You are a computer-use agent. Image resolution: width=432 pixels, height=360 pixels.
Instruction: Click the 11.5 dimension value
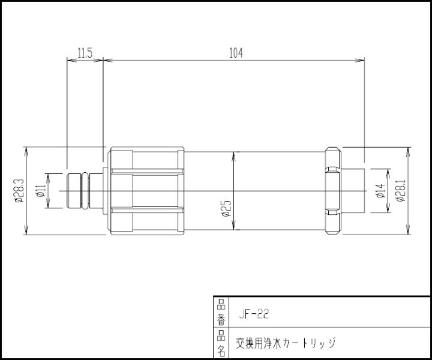85,53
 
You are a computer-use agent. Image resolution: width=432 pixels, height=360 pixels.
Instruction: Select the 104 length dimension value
236,53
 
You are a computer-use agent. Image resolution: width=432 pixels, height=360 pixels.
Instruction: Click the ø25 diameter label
226,208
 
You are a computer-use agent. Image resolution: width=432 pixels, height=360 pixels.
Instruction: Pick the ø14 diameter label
380,191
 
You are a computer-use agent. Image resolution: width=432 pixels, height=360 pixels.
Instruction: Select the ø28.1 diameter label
401,191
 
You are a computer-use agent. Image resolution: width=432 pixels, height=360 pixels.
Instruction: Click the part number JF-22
253,313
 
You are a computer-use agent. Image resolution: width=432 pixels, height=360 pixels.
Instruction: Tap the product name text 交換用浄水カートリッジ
285,343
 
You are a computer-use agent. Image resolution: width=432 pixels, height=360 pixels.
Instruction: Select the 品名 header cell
221,343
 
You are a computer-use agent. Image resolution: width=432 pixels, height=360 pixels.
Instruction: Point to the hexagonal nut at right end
333,191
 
